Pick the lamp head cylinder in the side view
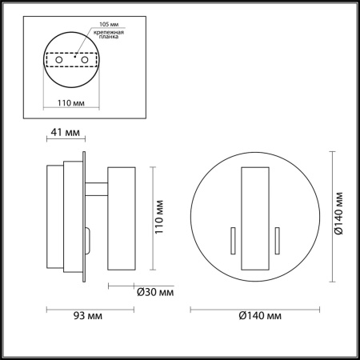coord(122,218)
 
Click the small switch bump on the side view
coord(88,237)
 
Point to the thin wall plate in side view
coord(84,218)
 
